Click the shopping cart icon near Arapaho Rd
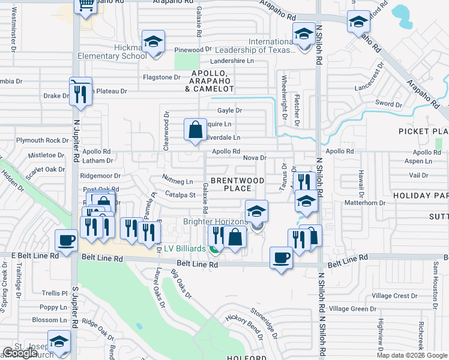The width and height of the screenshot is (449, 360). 86,5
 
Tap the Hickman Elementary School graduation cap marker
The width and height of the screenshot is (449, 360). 154,43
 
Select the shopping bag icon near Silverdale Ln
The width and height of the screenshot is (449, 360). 196,130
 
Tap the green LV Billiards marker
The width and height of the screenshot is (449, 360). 214,248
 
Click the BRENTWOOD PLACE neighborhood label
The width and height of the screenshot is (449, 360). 237,184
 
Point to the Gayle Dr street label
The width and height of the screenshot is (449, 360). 229,110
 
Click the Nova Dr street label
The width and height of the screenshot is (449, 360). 255,158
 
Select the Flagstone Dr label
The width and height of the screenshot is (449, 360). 161,77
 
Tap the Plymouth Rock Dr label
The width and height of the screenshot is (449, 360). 43,140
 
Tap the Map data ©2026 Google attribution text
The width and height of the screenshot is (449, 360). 411,355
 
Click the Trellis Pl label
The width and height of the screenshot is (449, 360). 55,293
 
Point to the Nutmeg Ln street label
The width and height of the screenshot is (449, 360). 178,180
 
